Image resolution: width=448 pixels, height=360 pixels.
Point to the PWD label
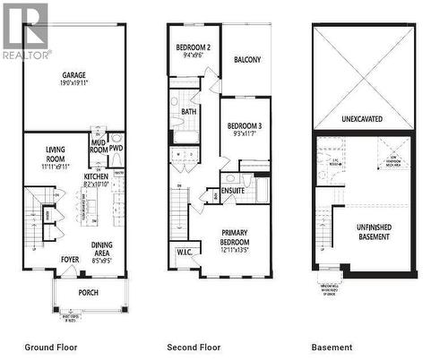[x=116, y=148]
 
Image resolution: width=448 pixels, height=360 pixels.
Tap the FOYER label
[x=70, y=261]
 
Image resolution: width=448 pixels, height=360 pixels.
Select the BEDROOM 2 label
[x=194, y=47]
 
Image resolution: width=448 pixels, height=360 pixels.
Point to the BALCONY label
[x=247, y=60]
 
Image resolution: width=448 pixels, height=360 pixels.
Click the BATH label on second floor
[x=189, y=112]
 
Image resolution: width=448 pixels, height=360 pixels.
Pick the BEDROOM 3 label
[x=244, y=126]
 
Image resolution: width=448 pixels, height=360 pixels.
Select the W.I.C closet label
[x=185, y=252]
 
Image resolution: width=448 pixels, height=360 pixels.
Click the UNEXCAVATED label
[x=363, y=117]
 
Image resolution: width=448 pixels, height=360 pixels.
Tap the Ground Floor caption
[x=51, y=347]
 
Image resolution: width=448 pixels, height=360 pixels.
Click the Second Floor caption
[x=194, y=347]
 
